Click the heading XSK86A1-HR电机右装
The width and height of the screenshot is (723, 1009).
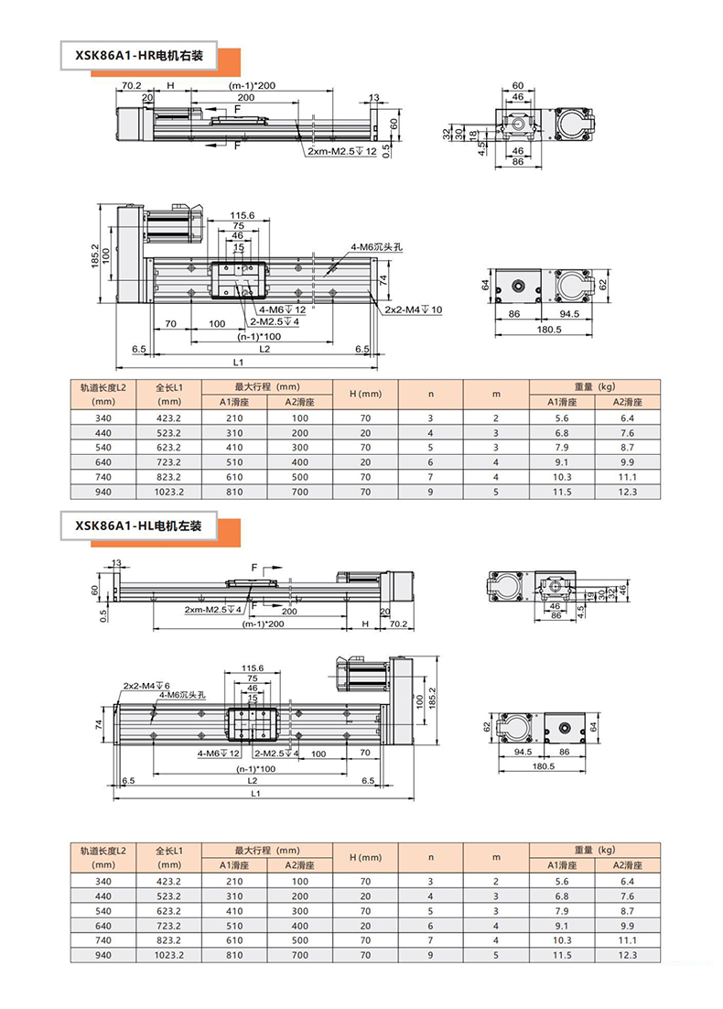[139, 56]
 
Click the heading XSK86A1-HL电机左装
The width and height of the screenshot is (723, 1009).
[138, 526]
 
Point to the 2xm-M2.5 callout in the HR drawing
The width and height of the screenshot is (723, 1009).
[342, 151]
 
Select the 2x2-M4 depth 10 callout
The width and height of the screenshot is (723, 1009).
[414, 309]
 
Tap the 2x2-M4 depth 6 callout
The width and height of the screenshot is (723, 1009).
[146, 686]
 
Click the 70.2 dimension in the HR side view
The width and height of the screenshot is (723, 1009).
[131, 85]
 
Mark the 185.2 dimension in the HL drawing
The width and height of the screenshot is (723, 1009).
[432, 700]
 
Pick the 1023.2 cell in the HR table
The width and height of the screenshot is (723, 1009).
[168, 492]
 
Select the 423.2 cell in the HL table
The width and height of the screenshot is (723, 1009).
[168, 882]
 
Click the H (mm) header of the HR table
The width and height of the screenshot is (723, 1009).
[365, 394]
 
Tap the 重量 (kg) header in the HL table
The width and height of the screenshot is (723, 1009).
[594, 850]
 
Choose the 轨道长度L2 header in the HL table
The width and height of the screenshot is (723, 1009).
[103, 851]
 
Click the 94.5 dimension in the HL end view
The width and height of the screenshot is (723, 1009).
[523, 752]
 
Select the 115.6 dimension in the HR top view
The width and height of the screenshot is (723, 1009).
[242, 215]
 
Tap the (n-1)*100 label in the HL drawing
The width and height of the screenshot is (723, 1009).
[255, 768]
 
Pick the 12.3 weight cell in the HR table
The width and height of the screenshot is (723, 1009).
[627, 492]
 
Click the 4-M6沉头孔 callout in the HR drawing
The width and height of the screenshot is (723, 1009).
[377, 247]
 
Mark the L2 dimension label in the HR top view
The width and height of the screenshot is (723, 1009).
[264, 349]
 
